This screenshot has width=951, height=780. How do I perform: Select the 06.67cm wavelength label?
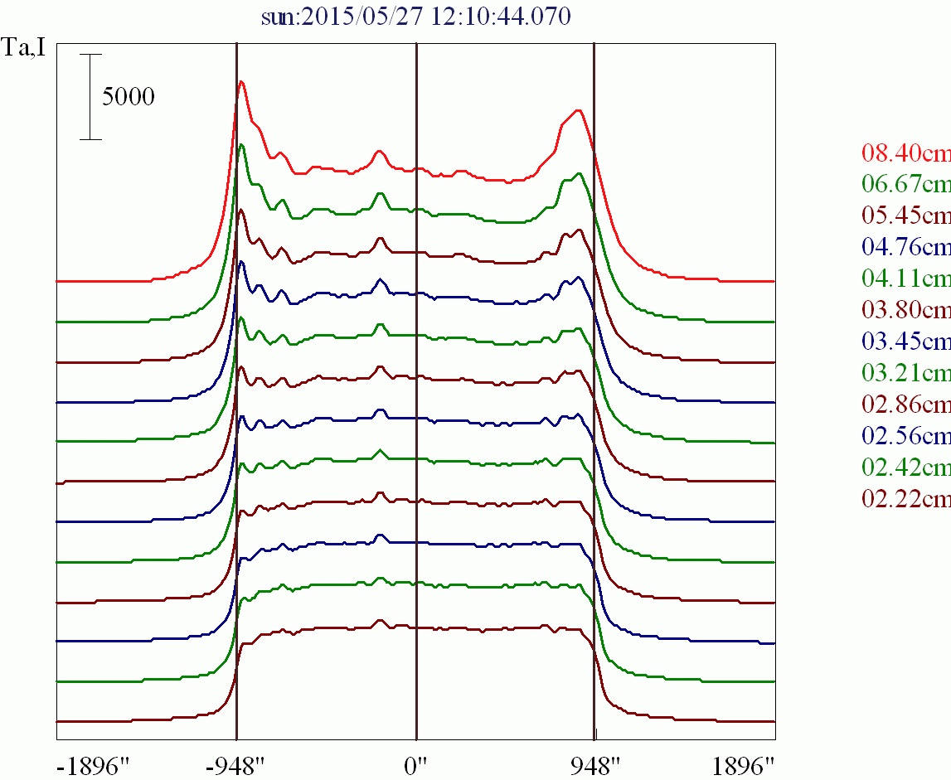905,183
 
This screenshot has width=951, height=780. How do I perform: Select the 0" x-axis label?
415,763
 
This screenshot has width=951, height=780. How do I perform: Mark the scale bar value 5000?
129,97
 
